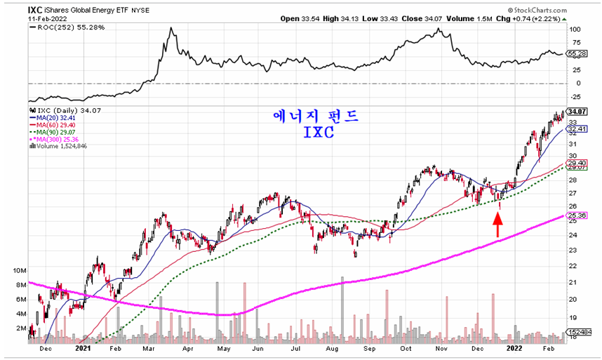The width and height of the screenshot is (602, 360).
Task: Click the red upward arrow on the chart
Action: pyautogui.click(x=497, y=225)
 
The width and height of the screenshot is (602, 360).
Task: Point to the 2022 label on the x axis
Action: pyautogui.click(x=514, y=347)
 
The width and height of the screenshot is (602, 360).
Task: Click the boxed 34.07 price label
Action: pyautogui.click(x=577, y=112)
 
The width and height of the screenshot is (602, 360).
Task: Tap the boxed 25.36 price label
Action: pyautogui.click(x=577, y=215)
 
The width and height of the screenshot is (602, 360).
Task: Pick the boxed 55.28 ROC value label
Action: pyautogui.click(x=576, y=53)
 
